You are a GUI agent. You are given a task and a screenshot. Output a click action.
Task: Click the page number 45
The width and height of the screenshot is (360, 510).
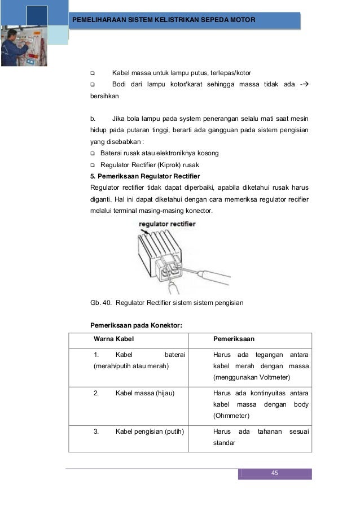pos(275,473)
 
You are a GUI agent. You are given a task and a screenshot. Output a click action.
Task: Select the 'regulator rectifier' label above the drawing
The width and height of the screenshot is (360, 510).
pos(167,224)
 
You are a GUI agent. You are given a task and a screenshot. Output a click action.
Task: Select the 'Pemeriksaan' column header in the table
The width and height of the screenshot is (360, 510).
pos(234,339)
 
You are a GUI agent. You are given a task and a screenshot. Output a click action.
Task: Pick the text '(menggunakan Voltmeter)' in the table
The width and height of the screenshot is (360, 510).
pos(250,377)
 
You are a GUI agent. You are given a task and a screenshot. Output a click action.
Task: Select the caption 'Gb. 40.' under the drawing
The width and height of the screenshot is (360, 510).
pos(101,303)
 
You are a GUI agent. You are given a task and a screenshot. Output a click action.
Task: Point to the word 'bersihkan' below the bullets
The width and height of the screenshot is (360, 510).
pos(104,97)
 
